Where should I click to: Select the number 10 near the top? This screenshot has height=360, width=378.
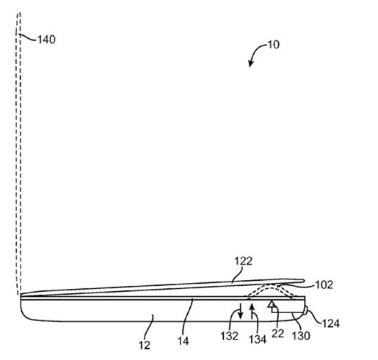273,45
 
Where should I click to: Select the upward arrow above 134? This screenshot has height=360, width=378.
253,315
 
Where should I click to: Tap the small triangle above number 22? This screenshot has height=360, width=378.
272,303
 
